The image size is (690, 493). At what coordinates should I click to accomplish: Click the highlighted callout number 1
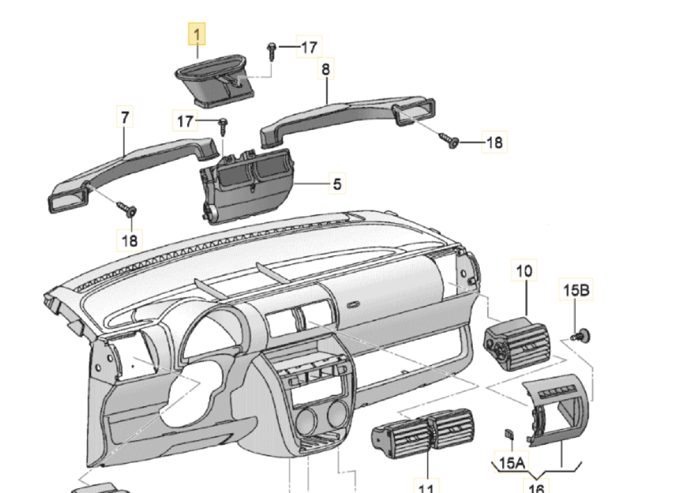tap(197, 36)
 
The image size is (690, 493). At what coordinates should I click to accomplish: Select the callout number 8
tap(325, 69)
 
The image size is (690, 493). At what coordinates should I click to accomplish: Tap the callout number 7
tap(125, 118)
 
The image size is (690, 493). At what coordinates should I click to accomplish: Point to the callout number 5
tap(337, 184)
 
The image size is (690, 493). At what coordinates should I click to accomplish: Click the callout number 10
tap(525, 272)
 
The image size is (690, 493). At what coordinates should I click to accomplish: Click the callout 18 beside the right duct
tap(494, 142)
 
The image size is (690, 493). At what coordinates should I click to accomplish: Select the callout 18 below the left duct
tap(130, 239)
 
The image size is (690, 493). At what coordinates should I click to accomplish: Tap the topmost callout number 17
tap(308, 47)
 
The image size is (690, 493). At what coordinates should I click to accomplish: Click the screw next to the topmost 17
tap(271, 53)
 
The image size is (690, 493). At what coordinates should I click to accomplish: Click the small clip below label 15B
tap(582, 335)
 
